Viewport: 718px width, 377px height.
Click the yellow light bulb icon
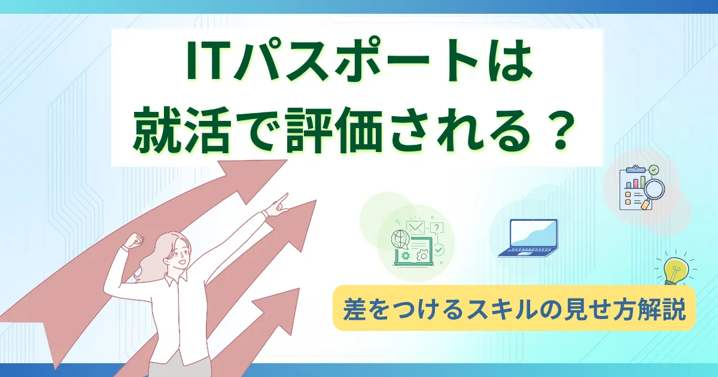coord(675,271)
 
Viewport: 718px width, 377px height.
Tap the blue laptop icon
coord(528,238)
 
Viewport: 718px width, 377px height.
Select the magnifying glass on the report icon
coord(653,192)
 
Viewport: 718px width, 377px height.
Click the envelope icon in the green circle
coord(415,227)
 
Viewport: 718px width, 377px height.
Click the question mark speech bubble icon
coord(437,228)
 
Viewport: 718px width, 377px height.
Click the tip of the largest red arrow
coord(287,160)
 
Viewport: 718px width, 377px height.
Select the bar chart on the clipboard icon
coord(635,182)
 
